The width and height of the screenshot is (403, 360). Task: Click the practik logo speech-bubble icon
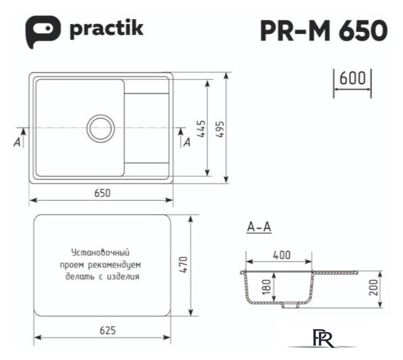pyautogui.click(x=42, y=29)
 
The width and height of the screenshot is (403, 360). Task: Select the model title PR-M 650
pyautogui.click(x=324, y=29)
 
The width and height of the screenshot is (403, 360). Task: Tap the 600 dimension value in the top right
pyautogui.click(x=352, y=79)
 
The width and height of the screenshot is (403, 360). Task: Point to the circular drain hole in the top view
pyautogui.click(x=100, y=128)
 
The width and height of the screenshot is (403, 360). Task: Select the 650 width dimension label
pyautogui.click(x=102, y=193)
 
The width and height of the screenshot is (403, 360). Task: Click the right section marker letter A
pyautogui.click(x=186, y=143)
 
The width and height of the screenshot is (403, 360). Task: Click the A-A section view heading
pyautogui.click(x=259, y=227)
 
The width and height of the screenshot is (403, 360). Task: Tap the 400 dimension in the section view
pyautogui.click(x=281, y=254)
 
